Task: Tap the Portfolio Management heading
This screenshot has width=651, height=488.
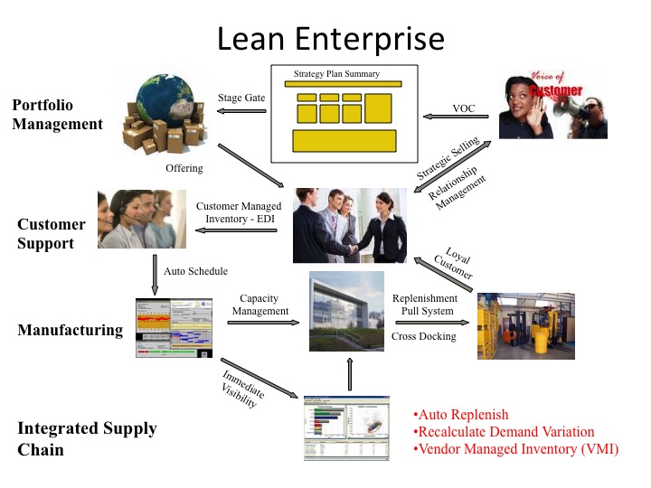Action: (x=57, y=115)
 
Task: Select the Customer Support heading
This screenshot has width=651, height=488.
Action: (x=52, y=233)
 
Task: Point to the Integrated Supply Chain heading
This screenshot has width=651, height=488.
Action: (x=87, y=438)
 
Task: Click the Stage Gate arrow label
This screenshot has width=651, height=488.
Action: (x=242, y=98)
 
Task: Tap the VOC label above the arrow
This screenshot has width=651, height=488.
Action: (x=464, y=108)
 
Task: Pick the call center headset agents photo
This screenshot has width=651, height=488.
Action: (x=141, y=219)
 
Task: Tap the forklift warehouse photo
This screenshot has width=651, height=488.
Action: (x=525, y=325)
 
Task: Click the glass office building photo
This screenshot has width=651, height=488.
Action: (x=346, y=312)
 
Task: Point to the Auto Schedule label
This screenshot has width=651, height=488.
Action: (x=196, y=271)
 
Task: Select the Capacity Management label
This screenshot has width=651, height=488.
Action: (x=259, y=305)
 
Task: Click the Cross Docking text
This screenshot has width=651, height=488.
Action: (x=424, y=336)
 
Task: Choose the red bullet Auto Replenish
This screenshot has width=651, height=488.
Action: (x=461, y=416)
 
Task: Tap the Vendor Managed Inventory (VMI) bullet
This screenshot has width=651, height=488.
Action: (x=515, y=448)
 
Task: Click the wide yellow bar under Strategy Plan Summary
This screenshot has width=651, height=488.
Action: (x=344, y=84)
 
